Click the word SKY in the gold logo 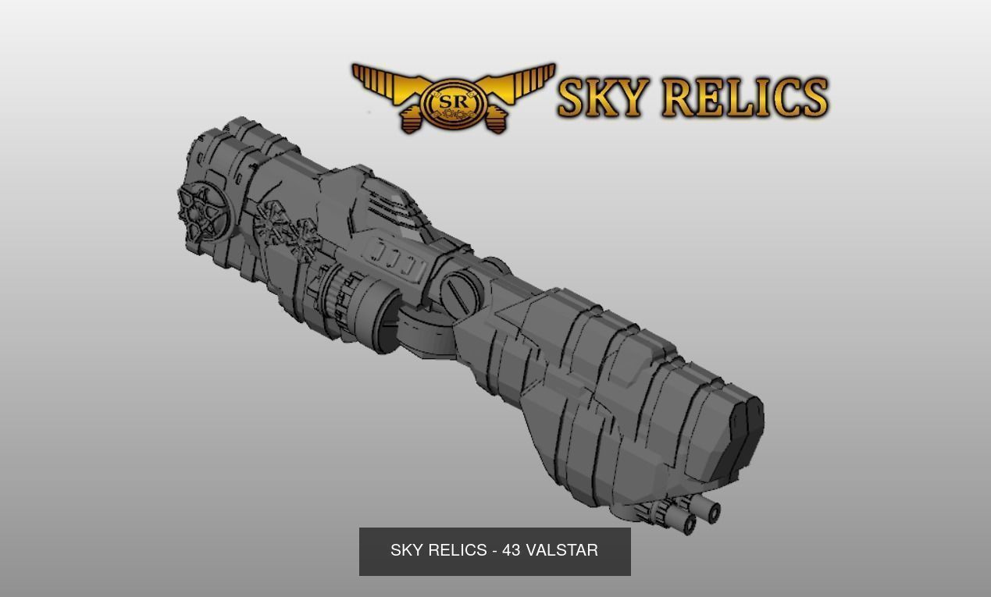[x=602, y=98]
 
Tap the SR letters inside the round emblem [x=453, y=101]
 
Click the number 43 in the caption [x=512, y=551]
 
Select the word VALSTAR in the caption [x=562, y=551]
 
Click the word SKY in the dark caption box [x=406, y=551]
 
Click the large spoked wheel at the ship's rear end [x=202, y=211]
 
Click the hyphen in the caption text [x=495, y=551]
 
